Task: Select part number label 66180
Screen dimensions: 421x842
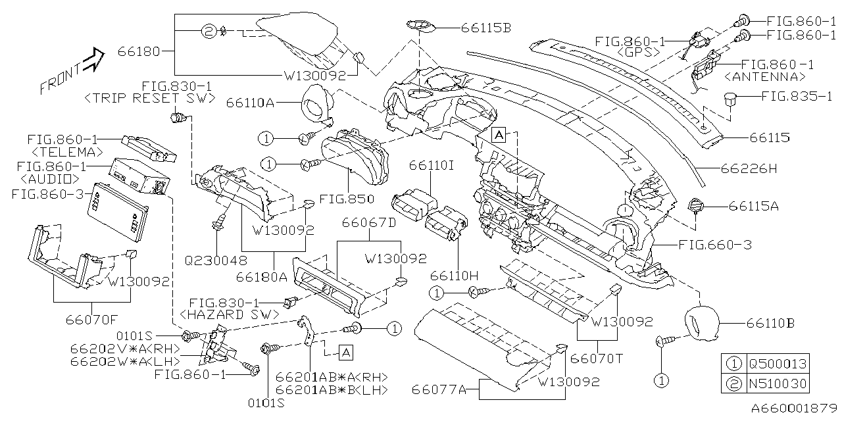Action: (x=139, y=51)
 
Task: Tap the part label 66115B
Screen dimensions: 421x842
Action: (x=486, y=28)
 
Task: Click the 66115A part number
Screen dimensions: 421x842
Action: (x=754, y=206)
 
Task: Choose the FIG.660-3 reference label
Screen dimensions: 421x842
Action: (x=715, y=245)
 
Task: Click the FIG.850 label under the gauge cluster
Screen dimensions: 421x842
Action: (x=346, y=199)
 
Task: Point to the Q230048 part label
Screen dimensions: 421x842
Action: (x=216, y=260)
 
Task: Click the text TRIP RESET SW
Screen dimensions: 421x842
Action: (x=150, y=99)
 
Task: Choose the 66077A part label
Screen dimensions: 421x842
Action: (x=439, y=391)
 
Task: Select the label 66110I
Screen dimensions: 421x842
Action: (x=432, y=166)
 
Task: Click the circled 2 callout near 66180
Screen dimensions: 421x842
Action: (x=207, y=31)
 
